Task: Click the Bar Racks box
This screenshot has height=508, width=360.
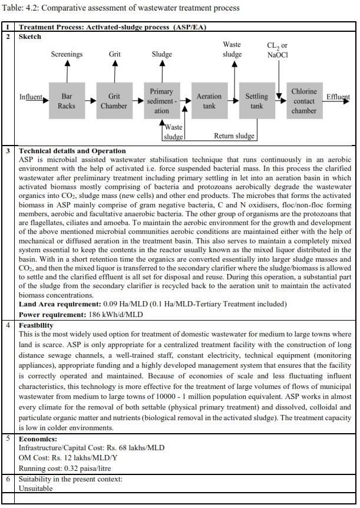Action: pos(67,101)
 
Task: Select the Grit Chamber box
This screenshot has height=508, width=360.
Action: pos(114,101)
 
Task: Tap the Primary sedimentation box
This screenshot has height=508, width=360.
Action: pos(161,101)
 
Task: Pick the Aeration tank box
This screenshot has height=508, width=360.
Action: pos(209,101)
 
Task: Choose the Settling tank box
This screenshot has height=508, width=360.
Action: pos(256,101)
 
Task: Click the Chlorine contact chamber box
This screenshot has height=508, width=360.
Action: pos(304,101)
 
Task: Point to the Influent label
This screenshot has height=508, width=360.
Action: pos(31,97)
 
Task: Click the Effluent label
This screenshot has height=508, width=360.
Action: pos(338,97)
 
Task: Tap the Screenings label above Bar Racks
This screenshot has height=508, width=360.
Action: pos(67,54)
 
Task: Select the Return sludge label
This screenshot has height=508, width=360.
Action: pos(234,136)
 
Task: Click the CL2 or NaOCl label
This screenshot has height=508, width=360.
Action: pos(278,50)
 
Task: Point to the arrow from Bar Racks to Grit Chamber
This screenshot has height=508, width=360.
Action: pos(90,101)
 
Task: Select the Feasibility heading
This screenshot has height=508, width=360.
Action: pos(36,325)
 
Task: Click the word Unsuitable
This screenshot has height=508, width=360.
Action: pos(36,489)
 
